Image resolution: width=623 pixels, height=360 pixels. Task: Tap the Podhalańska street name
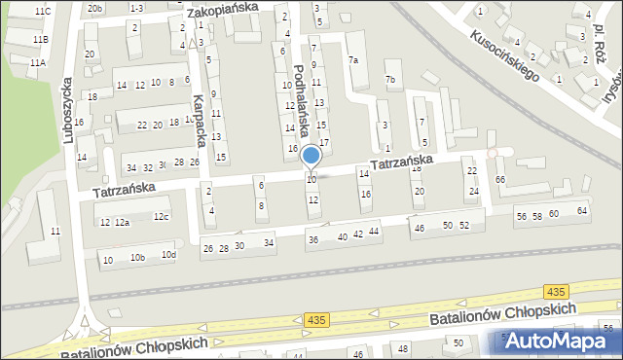[x=302, y=101]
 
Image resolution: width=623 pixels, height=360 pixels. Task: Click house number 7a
[x=353, y=59]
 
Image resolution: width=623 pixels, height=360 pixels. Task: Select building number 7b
[x=390, y=78]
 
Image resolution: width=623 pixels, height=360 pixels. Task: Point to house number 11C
[x=42, y=11]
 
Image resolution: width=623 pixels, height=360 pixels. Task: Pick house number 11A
[x=38, y=62]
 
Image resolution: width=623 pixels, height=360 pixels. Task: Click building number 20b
[x=93, y=8]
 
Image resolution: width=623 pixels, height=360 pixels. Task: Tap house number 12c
[x=161, y=216]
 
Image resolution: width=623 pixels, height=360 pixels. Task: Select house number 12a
[x=122, y=223]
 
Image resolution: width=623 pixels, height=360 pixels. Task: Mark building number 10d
[x=168, y=255]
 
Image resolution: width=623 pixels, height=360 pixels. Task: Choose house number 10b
[x=138, y=258]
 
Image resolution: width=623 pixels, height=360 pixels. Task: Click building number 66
[x=499, y=180]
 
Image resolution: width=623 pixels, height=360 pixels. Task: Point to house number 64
[x=582, y=210]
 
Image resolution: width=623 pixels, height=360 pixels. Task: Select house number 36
[x=312, y=239]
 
